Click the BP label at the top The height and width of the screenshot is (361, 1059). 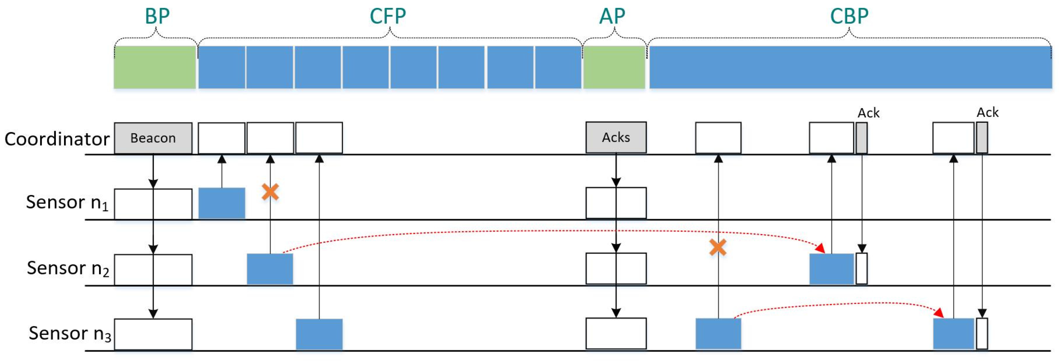coord(157,16)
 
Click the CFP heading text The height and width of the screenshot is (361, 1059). coord(388,16)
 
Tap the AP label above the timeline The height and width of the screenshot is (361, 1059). coord(612,16)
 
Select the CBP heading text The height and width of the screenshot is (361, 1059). coord(849,16)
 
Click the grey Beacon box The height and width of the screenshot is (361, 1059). coord(153,138)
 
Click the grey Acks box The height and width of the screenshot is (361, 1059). coord(616,137)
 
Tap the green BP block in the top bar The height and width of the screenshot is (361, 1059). coord(155,67)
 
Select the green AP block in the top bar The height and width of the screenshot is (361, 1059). coord(614,67)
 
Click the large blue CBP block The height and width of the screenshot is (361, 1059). coord(850,67)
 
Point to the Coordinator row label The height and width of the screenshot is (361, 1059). coord(57,139)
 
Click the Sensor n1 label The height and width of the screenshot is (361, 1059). coord(67,202)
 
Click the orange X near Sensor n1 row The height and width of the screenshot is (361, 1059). coord(270,192)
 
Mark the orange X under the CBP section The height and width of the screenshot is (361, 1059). coord(718,248)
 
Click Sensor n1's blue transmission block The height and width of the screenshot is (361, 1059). coord(221,203)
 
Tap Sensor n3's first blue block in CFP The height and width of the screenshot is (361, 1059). coord(319,334)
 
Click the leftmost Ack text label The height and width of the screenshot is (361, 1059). coord(868,113)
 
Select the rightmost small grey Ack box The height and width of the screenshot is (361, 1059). coord(982,138)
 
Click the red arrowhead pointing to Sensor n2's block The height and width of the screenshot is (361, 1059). coord(820,248)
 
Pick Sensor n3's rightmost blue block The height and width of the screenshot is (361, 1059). coord(953,334)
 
